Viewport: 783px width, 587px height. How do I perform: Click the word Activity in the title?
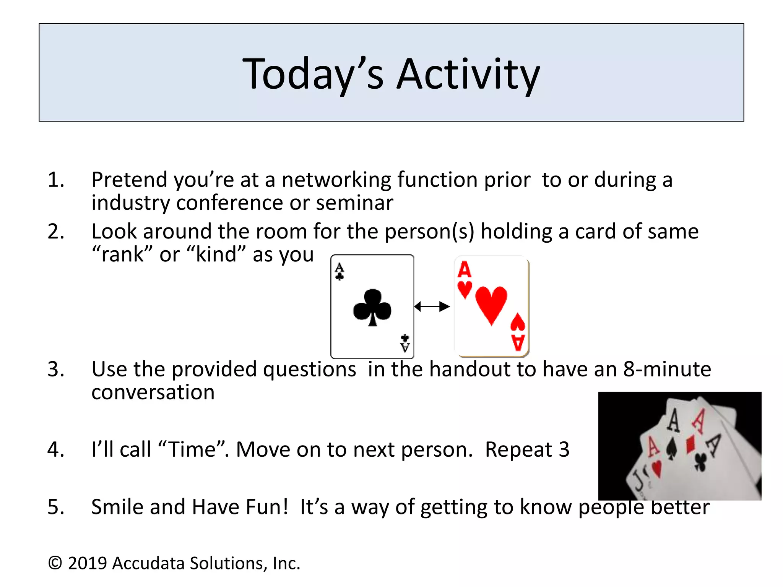[x=468, y=75]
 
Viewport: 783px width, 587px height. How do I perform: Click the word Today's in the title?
[x=313, y=75]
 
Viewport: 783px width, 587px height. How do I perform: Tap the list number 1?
[x=56, y=180]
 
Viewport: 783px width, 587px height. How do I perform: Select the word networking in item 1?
[x=336, y=180]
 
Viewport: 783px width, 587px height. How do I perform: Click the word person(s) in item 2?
[x=429, y=232]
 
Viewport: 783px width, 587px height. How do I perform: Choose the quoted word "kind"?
[x=216, y=255]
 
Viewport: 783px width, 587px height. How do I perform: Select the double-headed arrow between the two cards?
[x=432, y=306]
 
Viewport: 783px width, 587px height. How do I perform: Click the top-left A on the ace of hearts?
[x=465, y=270]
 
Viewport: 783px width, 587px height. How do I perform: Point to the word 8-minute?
[x=667, y=369]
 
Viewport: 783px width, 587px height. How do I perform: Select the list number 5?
[x=56, y=507]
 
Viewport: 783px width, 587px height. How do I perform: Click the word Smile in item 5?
[x=117, y=507]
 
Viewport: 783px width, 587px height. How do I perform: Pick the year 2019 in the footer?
[x=87, y=563]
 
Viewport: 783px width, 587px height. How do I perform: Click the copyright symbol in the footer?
[x=55, y=563]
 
